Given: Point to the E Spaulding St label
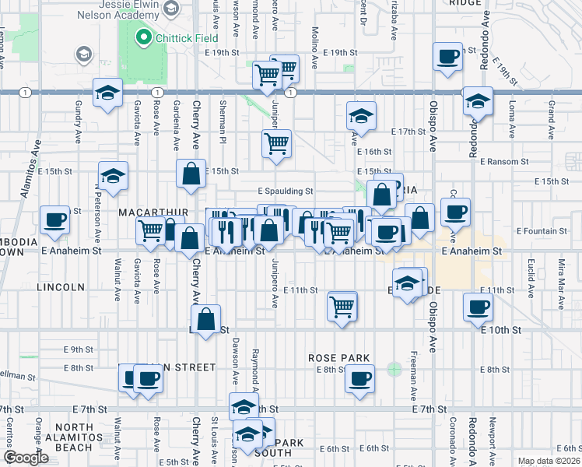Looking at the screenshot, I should pos(286,191).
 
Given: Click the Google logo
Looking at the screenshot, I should pos(26,458).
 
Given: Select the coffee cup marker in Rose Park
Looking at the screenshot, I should pos(359,380).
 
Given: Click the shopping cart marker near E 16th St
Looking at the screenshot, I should pos(276,144).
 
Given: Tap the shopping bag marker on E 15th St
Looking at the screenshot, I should pos(191,174).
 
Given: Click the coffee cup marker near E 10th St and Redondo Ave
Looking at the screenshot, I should pos(477,307).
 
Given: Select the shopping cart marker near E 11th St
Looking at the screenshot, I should pos(342,306).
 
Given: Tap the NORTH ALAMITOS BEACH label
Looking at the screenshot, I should pos(74,437).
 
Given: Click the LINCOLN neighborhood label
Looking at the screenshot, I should pos(61,287).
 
